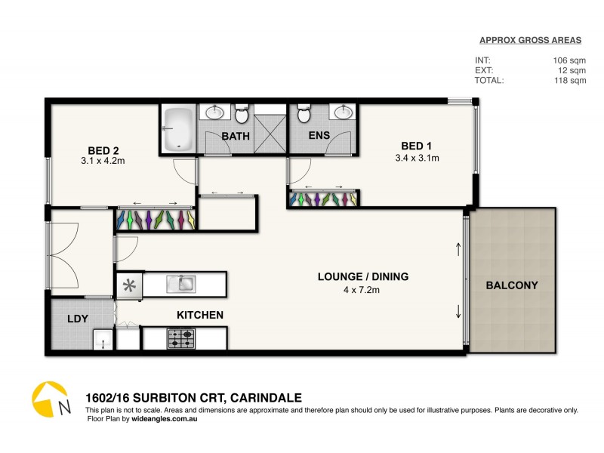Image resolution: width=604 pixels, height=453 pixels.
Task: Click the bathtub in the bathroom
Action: tap(179, 129)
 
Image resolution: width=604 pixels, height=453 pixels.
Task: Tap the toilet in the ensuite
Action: tap(304, 115)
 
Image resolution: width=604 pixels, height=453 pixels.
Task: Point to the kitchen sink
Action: tap(182, 285)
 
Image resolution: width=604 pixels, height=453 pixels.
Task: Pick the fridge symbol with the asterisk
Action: tap(129, 285)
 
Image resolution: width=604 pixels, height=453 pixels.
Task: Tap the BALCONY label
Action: tap(511, 285)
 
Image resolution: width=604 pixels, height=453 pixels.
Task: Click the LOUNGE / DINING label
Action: tap(362, 276)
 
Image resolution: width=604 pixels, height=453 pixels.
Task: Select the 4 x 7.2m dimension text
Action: tap(362, 289)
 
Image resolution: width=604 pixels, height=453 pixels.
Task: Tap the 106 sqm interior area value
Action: tap(569, 59)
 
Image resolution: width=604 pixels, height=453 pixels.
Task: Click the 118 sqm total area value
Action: tap(569, 80)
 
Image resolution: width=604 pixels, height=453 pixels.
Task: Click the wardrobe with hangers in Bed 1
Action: tap(323, 199)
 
